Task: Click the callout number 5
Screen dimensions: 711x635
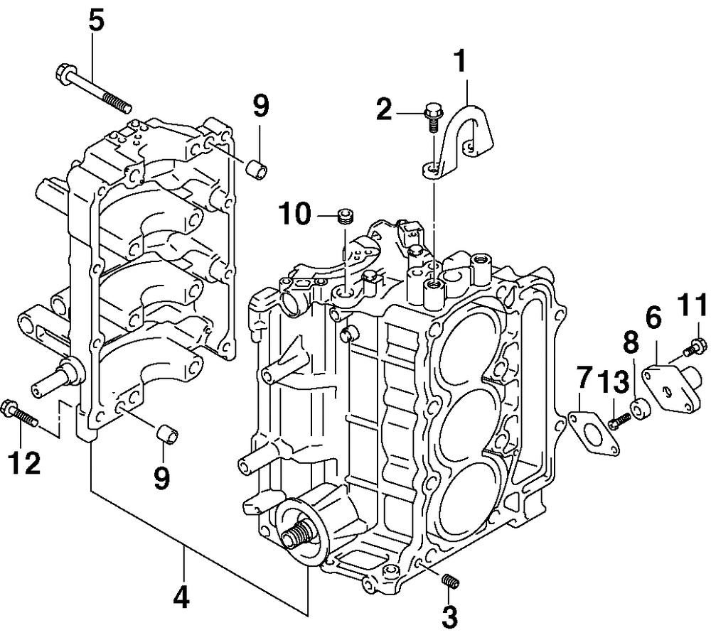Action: point(97,21)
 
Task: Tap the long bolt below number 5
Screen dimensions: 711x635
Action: point(94,89)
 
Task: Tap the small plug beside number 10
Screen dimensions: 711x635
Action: point(346,215)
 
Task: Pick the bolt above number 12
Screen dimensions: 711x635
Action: point(21,413)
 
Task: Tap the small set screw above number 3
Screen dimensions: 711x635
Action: point(450,580)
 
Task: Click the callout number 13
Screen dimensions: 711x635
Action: point(613,382)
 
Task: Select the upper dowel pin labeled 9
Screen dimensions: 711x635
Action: point(256,169)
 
